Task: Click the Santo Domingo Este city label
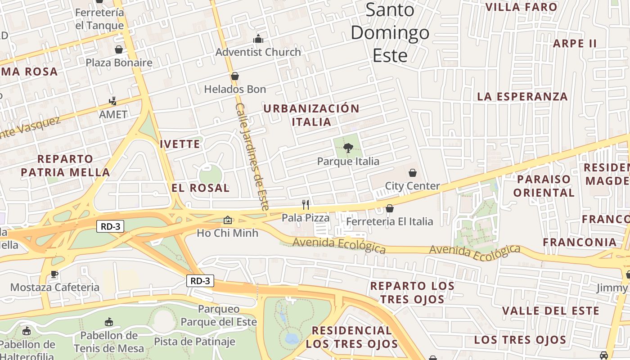[x=390, y=32]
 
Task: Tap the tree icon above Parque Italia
[x=348, y=148]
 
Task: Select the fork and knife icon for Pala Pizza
[x=306, y=205]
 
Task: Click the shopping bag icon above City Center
[x=412, y=173]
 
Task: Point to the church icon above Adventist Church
[x=258, y=39]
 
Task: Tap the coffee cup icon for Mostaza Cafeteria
[x=54, y=274]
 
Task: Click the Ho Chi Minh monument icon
[x=228, y=220]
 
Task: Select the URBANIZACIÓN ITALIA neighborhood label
[x=311, y=115]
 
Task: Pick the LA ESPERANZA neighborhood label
[x=522, y=96]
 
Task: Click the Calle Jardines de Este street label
[x=252, y=157]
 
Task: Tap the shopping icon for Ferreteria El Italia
[x=390, y=208]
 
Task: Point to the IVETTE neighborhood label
[x=180, y=144]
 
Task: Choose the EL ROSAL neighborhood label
[x=201, y=188]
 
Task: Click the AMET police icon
[x=113, y=101]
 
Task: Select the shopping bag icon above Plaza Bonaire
[x=119, y=49]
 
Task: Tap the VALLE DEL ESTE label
[x=550, y=311]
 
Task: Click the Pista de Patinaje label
[x=194, y=342]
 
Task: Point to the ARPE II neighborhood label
[x=575, y=44]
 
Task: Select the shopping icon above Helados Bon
[x=234, y=76]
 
